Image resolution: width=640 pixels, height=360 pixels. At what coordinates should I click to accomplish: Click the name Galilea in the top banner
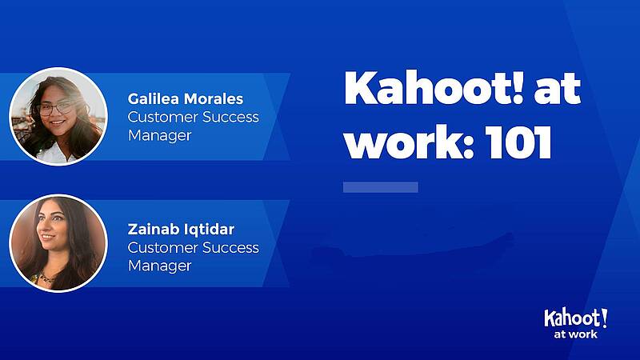(x=153, y=98)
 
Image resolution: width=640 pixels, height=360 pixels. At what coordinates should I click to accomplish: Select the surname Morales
(x=214, y=98)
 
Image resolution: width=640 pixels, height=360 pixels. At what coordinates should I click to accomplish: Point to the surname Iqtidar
(x=209, y=230)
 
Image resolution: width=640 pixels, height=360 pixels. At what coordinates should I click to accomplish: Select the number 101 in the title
(x=518, y=142)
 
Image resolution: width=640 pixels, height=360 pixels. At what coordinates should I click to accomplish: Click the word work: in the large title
(x=410, y=142)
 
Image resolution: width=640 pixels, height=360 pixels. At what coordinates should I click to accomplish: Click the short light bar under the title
(x=381, y=187)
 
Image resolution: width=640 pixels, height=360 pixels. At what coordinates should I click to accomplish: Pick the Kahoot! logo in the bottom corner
(x=575, y=318)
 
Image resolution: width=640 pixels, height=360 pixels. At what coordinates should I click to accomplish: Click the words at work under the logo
(x=575, y=334)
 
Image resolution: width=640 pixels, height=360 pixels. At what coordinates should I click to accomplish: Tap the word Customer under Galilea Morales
(x=163, y=117)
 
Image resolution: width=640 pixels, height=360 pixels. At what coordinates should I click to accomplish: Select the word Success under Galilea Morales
(x=230, y=117)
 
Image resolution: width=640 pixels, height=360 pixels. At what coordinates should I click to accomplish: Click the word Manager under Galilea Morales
(x=159, y=136)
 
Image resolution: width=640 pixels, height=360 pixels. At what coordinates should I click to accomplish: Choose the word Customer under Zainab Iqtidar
(x=163, y=248)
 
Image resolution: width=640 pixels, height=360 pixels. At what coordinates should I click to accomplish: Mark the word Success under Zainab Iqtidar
(x=230, y=248)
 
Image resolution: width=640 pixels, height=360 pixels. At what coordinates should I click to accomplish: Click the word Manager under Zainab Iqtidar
(x=159, y=266)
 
